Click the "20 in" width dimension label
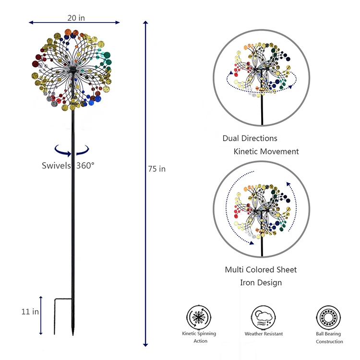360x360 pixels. pyautogui.click(x=76, y=18)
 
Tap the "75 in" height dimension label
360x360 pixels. pyautogui.click(x=157, y=169)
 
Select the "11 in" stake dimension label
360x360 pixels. pyautogui.click(x=30, y=312)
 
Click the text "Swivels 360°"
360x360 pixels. pyautogui.click(x=68, y=166)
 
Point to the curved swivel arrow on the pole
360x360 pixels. pyautogui.click(x=72, y=151)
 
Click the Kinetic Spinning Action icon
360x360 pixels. pyautogui.click(x=198, y=317)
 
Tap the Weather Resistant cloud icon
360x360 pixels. pyautogui.click(x=264, y=317)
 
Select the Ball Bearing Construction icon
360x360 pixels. pyautogui.click(x=328, y=317)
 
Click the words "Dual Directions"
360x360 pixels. pyautogui.click(x=250, y=138)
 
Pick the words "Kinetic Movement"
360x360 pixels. pyautogui.click(x=266, y=152)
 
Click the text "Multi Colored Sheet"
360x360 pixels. pyautogui.click(x=261, y=270)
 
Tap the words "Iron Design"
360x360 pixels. pyautogui.click(x=261, y=283)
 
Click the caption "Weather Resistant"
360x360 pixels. pyautogui.click(x=264, y=334)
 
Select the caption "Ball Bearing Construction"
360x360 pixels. pyautogui.click(x=329, y=337)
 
